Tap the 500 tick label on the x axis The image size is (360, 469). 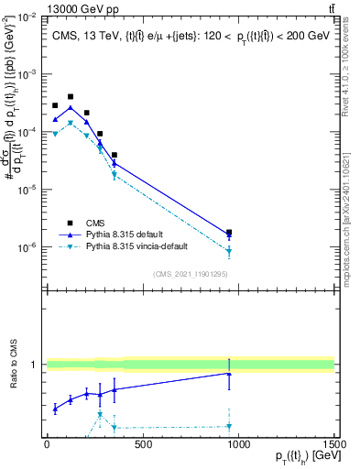click(x=142, y=444)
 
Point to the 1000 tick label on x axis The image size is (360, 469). click(x=238, y=444)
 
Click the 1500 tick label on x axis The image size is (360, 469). click(x=333, y=444)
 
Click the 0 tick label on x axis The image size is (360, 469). click(x=47, y=444)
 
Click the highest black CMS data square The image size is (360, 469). click(x=71, y=96)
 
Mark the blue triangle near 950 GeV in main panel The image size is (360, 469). click(x=229, y=235)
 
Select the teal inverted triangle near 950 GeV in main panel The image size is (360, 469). click(x=229, y=251)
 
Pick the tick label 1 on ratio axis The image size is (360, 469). click(x=32, y=365)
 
